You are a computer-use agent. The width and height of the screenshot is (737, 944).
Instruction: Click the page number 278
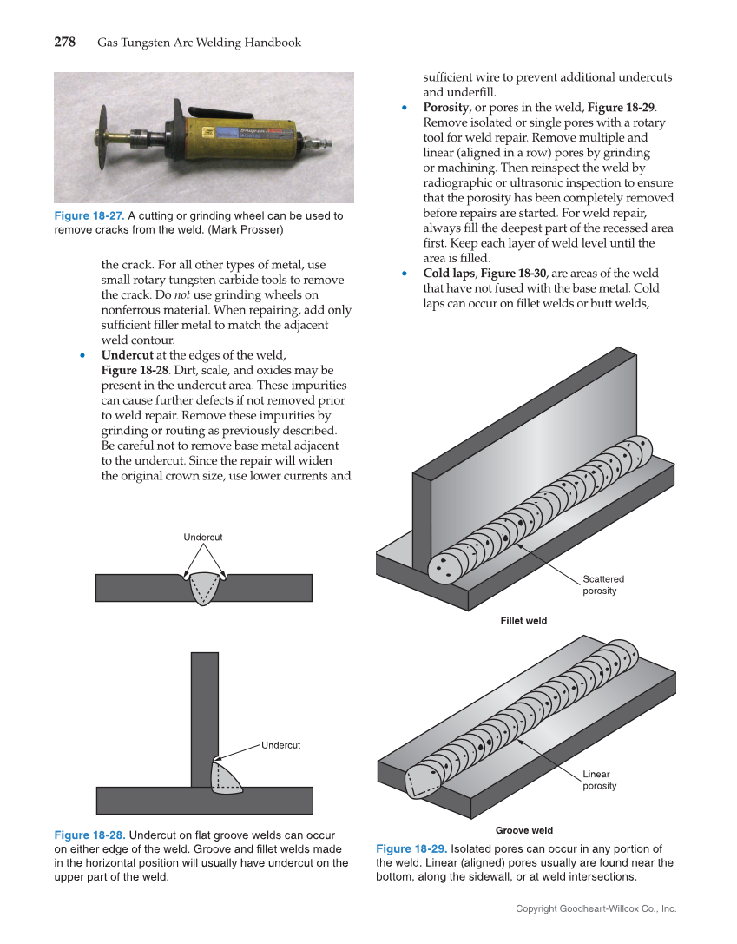[65, 43]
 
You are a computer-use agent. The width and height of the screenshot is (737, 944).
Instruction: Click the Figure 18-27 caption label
[89, 216]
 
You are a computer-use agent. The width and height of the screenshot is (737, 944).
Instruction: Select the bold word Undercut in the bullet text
[128, 355]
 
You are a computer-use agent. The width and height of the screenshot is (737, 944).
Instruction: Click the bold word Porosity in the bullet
[446, 107]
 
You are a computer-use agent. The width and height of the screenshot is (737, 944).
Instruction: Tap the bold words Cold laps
[449, 274]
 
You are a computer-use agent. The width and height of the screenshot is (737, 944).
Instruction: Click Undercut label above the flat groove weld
[203, 538]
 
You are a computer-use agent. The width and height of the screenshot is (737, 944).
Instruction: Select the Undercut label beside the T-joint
[280, 745]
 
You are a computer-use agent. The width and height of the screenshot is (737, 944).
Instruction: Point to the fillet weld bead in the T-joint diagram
[225, 776]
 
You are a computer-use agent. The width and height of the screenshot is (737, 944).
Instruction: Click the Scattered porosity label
[602, 584]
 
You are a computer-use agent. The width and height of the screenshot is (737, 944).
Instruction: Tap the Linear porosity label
[599, 780]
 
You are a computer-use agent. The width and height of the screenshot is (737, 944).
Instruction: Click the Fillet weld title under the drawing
[523, 621]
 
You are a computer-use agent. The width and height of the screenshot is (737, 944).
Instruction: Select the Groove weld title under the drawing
[523, 831]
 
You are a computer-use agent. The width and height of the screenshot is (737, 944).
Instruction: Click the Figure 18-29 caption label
[411, 848]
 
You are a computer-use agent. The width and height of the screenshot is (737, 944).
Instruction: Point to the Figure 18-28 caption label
[89, 835]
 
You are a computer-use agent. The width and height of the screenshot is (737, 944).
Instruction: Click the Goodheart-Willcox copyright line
[596, 908]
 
